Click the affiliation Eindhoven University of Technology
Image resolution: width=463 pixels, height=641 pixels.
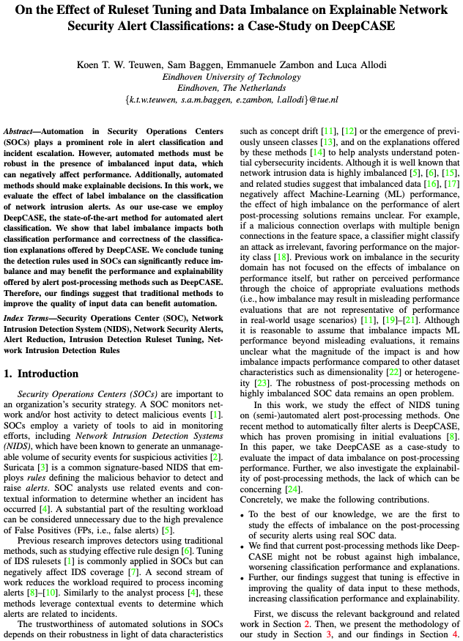[231, 76]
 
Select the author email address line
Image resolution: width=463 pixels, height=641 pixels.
[231, 99]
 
